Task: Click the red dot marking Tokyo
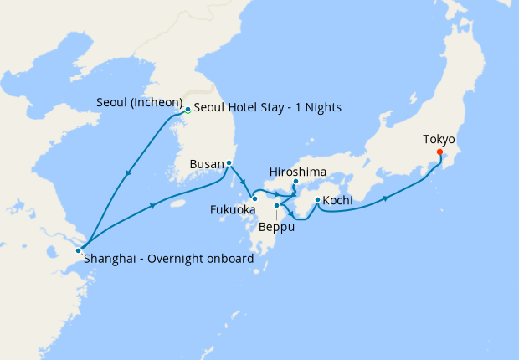point(440,152)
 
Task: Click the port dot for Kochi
point(316,199)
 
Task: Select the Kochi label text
point(337,201)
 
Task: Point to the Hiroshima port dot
point(296,182)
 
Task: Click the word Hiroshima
point(298,171)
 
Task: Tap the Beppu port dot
point(275,204)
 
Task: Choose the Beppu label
point(276,225)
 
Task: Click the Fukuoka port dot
point(254,198)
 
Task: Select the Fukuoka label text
point(234,209)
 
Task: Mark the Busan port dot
point(229,163)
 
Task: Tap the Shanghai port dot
point(78,249)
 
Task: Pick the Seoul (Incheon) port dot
point(188,109)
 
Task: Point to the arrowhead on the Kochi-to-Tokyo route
point(387,198)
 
